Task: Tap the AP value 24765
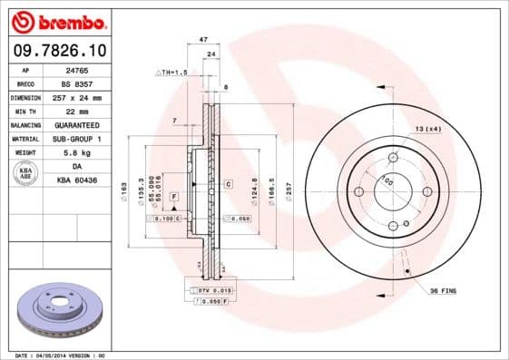click(89, 70)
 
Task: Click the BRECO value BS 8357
click(89, 83)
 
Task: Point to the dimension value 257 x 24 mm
click(89, 97)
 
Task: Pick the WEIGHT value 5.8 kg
click(89, 152)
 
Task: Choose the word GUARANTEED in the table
click(89, 124)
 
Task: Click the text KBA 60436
click(89, 180)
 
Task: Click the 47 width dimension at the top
click(203, 40)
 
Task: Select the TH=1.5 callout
click(172, 72)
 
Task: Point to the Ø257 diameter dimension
click(289, 192)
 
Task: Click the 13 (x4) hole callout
click(428, 130)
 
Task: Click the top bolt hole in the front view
click(393, 158)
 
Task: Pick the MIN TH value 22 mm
click(89, 111)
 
